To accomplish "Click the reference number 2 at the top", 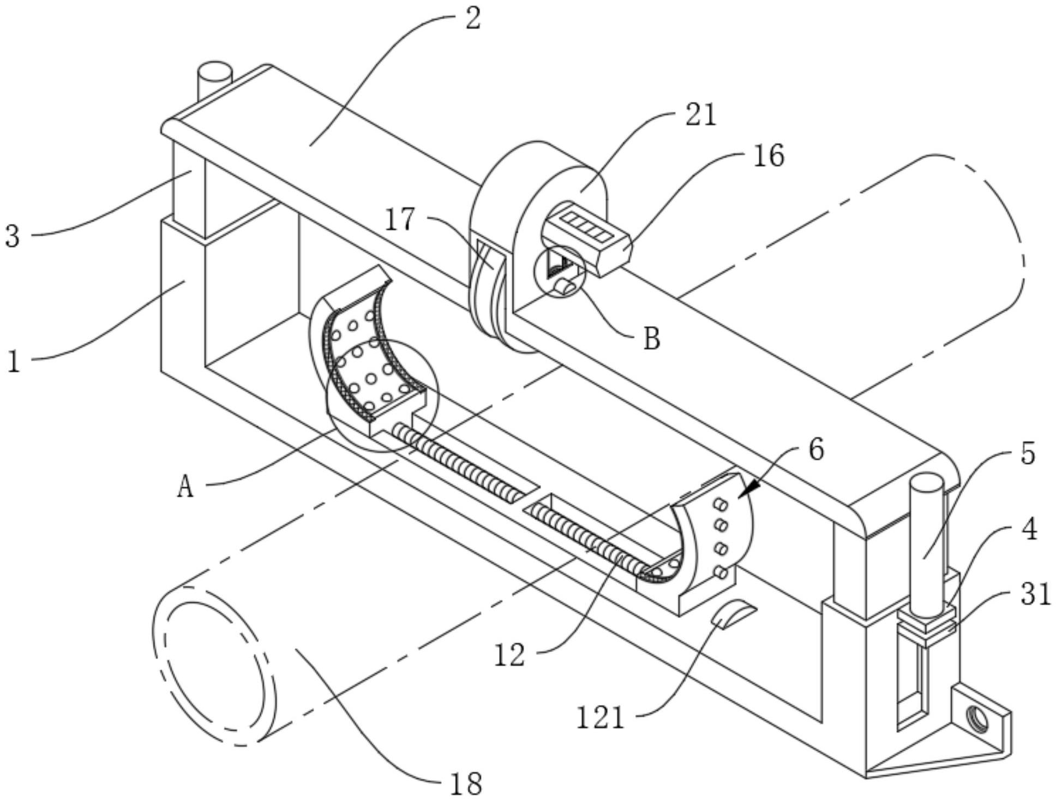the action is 472,19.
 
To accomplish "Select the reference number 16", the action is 769,156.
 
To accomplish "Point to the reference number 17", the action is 401,220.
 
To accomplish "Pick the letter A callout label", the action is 185,486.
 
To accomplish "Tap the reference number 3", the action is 12,236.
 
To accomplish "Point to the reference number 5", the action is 1028,453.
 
